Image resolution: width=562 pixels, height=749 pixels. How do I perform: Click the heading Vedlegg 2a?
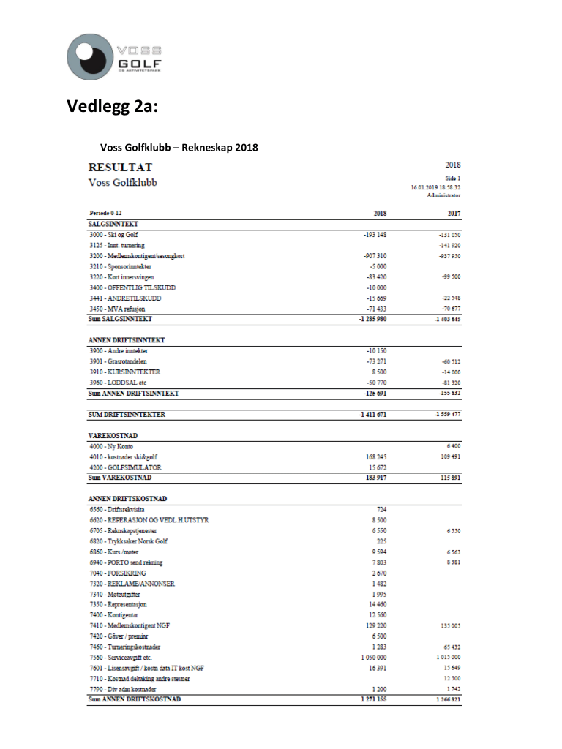[112, 108]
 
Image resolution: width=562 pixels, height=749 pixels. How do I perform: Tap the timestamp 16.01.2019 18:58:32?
[435, 187]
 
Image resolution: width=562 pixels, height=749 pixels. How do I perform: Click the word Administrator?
[443, 195]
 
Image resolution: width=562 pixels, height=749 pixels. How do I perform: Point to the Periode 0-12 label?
[106, 214]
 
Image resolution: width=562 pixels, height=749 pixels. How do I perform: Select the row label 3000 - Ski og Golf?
[113, 235]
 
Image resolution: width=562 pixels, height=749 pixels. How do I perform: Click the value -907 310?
[375, 256]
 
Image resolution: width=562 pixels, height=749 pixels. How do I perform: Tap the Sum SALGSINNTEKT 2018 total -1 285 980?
[372, 320]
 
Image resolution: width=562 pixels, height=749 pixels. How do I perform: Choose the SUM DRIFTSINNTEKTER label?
[127, 415]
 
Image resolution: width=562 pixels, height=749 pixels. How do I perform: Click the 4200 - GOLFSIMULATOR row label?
[125, 467]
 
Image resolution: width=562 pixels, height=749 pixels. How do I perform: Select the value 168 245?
[376, 456]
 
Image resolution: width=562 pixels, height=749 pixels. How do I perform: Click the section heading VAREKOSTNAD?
[113, 435]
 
